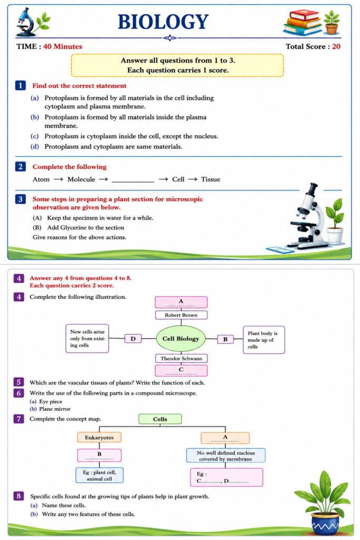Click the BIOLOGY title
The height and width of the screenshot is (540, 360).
(163, 22)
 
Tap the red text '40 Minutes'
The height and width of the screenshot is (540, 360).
(63, 46)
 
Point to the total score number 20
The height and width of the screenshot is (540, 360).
(336, 46)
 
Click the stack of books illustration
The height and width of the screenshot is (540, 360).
(302, 22)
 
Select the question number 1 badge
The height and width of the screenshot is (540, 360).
(21, 85)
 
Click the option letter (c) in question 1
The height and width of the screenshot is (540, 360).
(35, 136)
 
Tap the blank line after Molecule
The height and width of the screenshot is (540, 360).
(133, 181)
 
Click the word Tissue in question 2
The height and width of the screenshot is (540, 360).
(211, 179)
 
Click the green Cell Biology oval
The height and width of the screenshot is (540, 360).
(181, 339)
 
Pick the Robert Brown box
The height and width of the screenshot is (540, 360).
(181, 315)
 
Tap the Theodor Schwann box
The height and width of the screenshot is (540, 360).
(181, 359)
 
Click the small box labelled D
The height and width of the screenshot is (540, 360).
(133, 339)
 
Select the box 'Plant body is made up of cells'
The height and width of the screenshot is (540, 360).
(264, 340)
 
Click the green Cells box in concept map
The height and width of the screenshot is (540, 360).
(160, 419)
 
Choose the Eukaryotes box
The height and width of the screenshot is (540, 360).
(99, 437)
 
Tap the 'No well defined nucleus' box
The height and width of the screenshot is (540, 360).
(226, 455)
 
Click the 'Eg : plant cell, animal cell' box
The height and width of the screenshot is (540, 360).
(100, 475)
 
